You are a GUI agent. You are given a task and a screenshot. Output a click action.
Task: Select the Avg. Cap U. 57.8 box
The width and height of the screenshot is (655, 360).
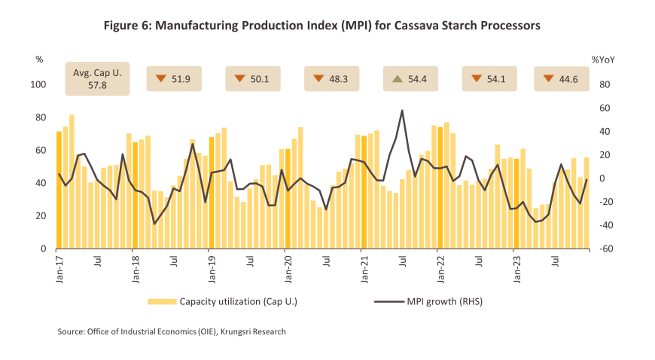click(97, 78)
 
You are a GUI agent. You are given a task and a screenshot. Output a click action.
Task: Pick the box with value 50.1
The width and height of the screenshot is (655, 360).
click(253, 78)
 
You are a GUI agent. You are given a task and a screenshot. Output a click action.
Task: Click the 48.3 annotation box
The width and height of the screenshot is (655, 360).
click(331, 78)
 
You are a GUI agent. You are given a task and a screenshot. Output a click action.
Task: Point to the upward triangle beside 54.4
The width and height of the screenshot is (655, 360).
click(396, 78)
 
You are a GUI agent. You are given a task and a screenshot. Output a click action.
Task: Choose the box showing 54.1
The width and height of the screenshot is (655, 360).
click(487, 78)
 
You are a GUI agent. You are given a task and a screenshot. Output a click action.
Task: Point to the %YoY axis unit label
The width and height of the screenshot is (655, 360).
click(603, 59)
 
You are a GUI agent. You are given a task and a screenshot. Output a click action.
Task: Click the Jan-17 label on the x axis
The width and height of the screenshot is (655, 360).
click(59, 267)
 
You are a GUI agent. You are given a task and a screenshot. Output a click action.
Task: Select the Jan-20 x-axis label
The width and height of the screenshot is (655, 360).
click(287, 267)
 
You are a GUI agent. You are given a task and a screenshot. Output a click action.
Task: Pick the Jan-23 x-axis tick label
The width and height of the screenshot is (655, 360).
click(516, 267)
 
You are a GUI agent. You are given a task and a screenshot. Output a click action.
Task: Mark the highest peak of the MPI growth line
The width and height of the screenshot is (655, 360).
click(402, 111)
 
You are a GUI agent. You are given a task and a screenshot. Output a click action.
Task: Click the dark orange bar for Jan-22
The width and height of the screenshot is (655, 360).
click(440, 188)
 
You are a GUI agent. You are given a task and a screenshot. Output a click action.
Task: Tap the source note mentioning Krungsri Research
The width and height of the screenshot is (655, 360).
click(172, 331)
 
